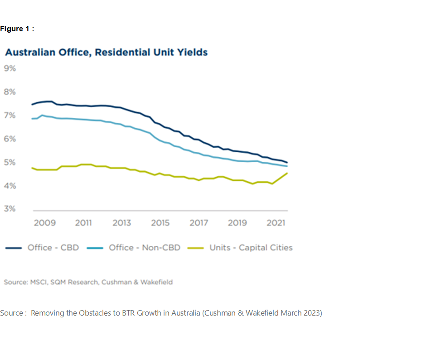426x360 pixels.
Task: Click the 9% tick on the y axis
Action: (x=10, y=68)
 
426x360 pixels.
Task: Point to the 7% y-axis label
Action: (x=10, y=116)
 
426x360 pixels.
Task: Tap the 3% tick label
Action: (x=10, y=209)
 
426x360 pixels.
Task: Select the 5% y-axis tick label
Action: (x=10, y=162)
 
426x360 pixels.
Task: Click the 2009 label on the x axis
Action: (x=45, y=223)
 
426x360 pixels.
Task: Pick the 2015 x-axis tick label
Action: (x=160, y=223)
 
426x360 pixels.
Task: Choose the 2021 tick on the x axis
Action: (x=276, y=223)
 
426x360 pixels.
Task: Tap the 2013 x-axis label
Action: (x=122, y=223)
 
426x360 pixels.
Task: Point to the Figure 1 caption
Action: (x=17, y=29)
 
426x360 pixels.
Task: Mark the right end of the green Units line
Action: (x=287, y=173)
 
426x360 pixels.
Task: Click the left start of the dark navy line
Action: (x=32, y=105)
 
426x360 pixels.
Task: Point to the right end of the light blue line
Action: (x=287, y=166)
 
